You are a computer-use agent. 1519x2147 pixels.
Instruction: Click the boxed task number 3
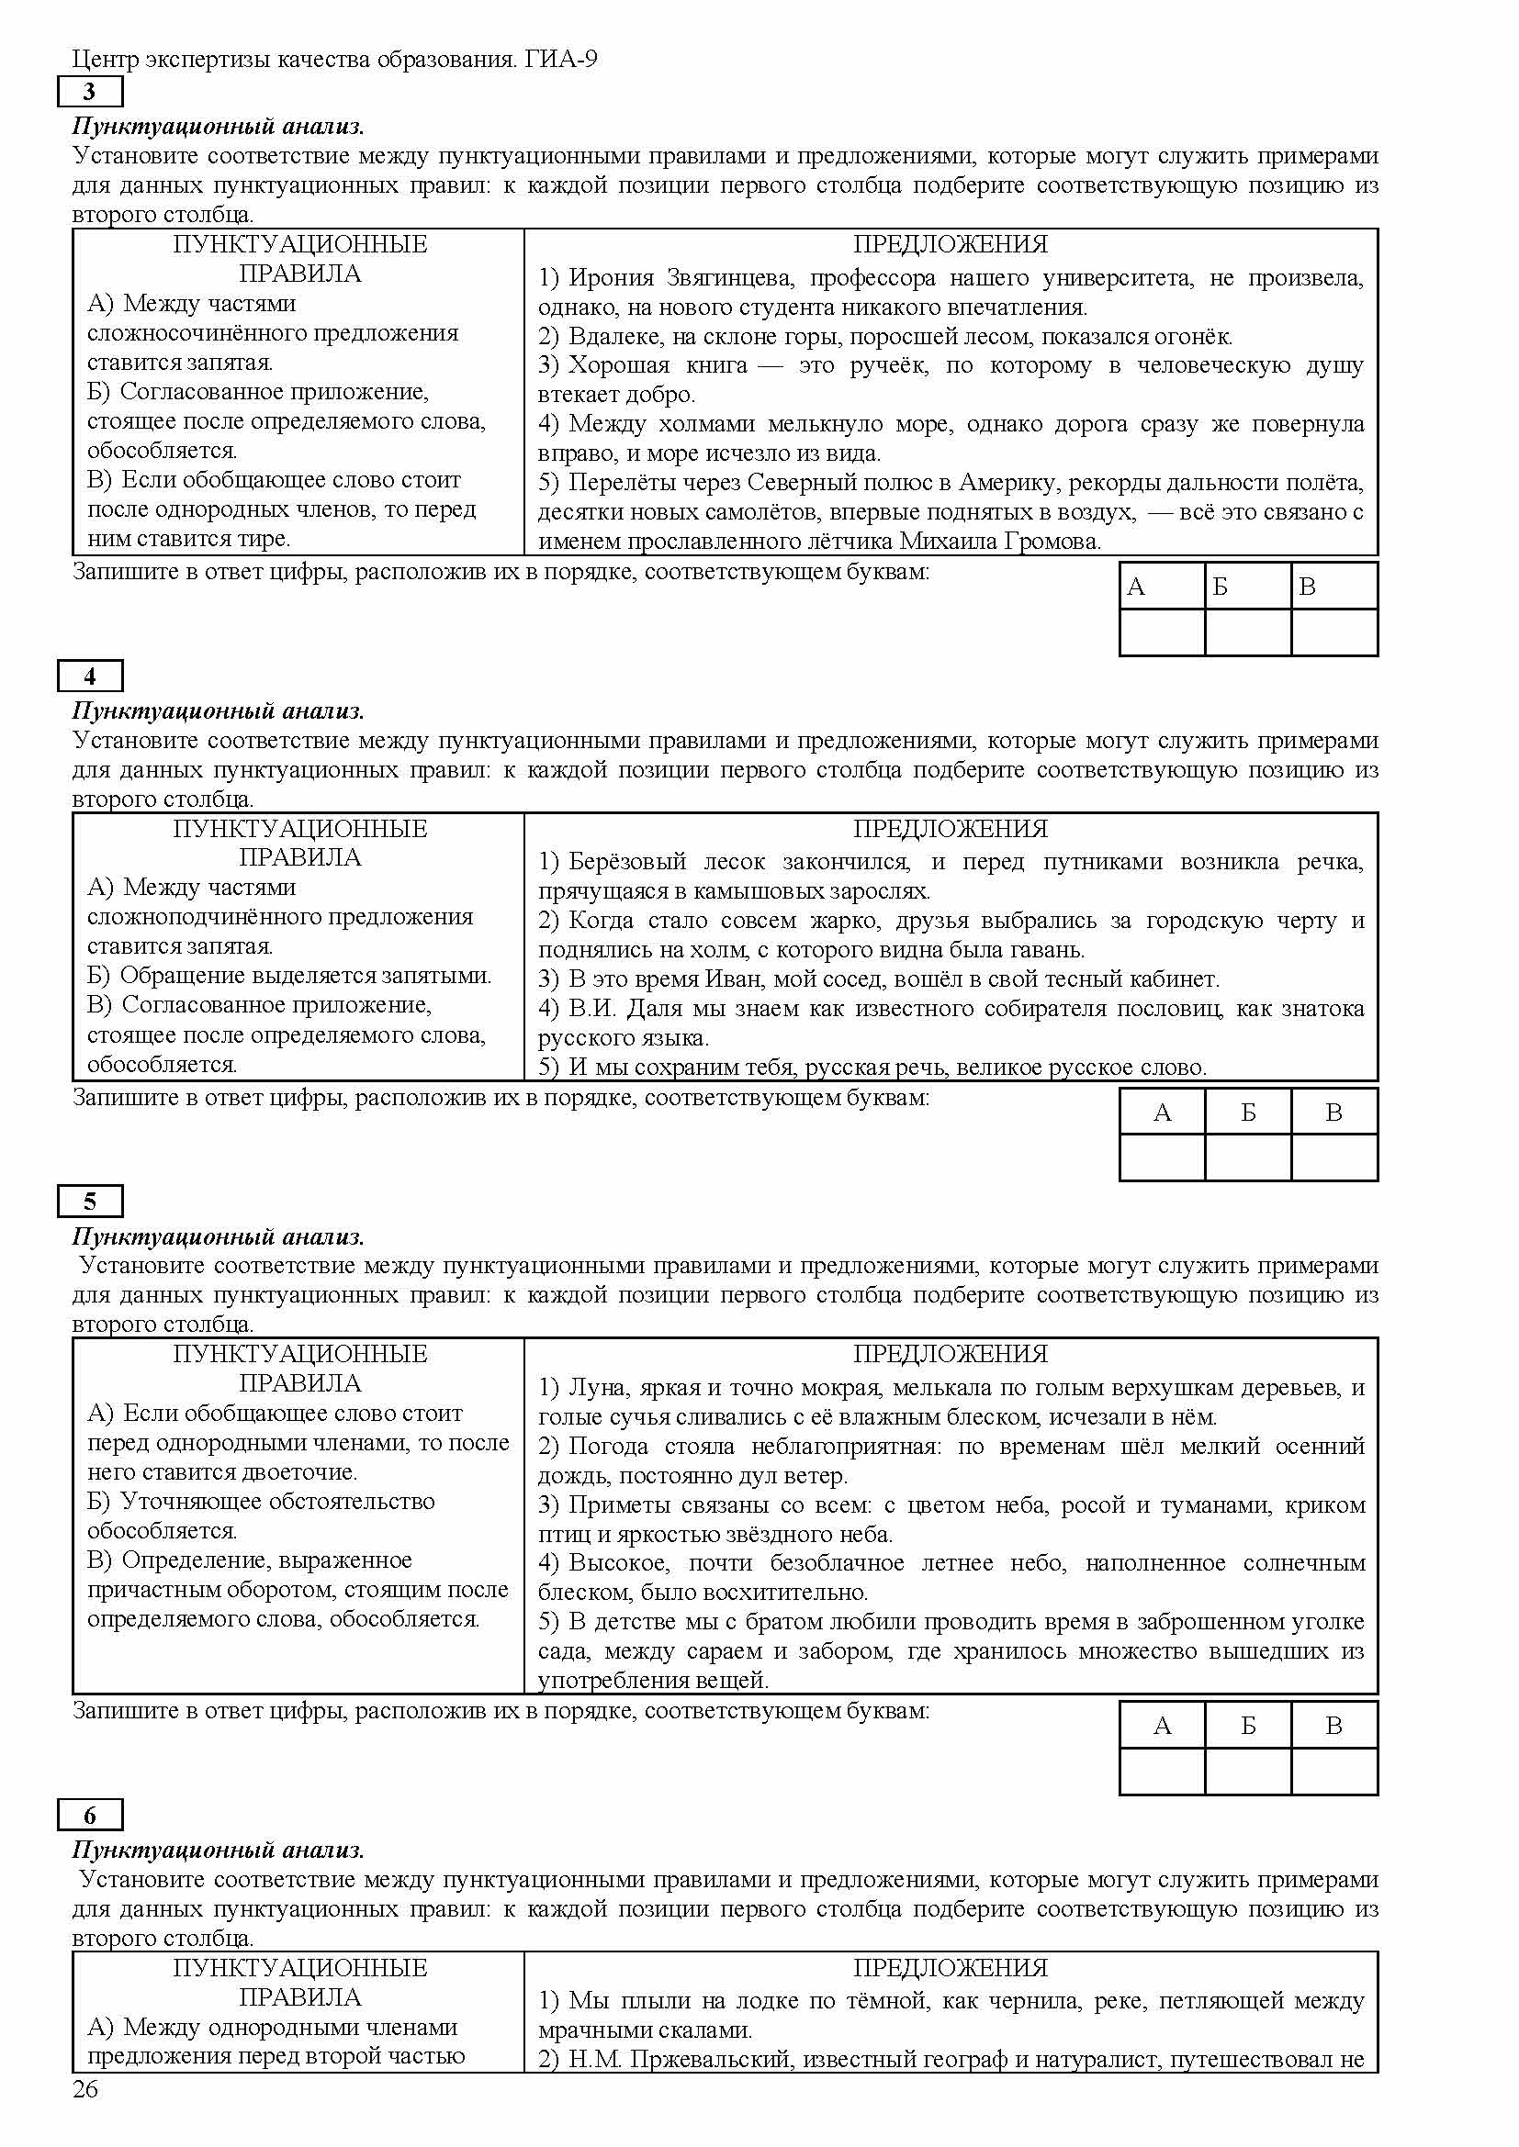(90, 92)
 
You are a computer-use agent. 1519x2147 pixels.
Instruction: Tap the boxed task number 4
(90, 677)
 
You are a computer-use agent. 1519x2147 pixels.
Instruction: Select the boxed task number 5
(90, 1202)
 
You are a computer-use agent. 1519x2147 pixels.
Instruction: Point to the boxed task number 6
(90, 1816)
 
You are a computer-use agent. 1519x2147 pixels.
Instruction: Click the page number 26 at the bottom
(85, 2115)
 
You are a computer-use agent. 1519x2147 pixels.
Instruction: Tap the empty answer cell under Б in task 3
(1248, 633)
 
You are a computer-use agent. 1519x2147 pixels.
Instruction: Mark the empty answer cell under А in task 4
(1162, 1157)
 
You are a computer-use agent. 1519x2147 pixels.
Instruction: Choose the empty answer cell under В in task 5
(1333, 1771)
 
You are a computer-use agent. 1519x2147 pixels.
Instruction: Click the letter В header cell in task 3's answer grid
(1333, 587)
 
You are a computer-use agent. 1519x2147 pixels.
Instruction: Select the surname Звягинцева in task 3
(729, 278)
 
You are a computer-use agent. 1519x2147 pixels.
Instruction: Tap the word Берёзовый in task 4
(626, 862)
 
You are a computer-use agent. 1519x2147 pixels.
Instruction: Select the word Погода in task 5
(608, 1447)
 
